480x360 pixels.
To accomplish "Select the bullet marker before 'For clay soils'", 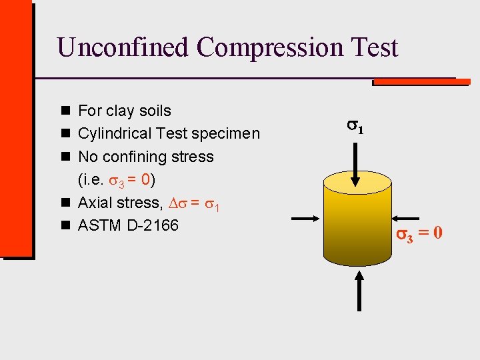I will pos(66,111).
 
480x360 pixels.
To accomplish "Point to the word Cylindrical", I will pos(114,134).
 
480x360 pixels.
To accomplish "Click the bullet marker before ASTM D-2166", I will pos(66,226).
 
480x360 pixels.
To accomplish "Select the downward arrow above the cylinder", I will pos(359,164).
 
